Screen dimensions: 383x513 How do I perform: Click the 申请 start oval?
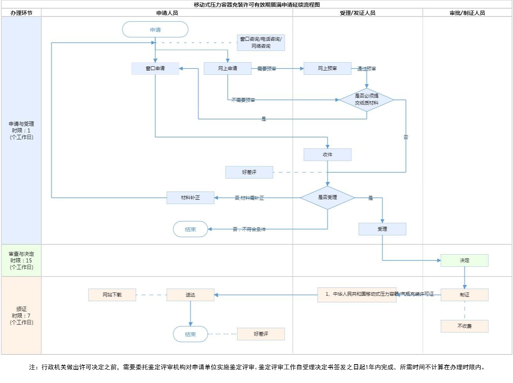(155, 30)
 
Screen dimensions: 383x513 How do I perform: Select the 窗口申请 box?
(155, 69)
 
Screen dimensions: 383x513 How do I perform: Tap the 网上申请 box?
(228, 69)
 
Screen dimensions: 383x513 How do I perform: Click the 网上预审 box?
(327, 69)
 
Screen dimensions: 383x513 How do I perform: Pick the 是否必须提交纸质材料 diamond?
(367, 99)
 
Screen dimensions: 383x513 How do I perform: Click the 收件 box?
(327, 155)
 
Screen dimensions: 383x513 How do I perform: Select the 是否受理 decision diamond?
(327, 197)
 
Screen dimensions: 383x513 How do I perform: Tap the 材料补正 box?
(190, 198)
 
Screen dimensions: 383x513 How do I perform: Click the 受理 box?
(382, 229)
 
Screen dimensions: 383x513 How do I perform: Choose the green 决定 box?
(464, 260)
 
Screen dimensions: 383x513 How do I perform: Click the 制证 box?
(464, 295)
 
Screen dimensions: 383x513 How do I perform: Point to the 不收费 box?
(464, 326)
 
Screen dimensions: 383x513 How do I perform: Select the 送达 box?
(190, 295)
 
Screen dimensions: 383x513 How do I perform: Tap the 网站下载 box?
(112, 295)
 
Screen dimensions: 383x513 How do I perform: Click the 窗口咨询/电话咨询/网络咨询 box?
(261, 43)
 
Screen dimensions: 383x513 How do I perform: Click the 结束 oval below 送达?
(190, 334)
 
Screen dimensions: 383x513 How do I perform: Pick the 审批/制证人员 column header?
(467, 13)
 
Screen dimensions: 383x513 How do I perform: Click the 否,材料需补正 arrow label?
(249, 198)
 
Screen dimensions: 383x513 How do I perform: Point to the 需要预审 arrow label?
(267, 69)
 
